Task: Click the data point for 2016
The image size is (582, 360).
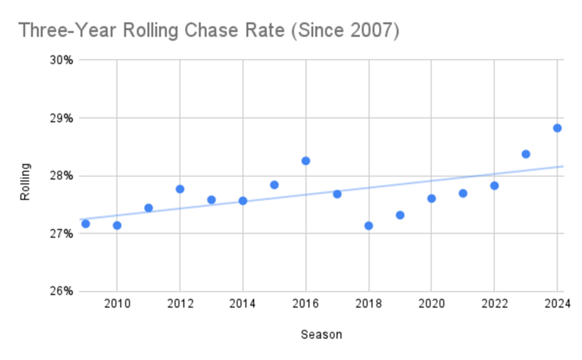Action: point(305,161)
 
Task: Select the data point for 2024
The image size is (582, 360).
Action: point(557,128)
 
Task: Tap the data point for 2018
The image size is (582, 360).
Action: point(368,226)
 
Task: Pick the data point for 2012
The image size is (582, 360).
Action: point(180,189)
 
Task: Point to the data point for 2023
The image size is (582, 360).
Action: point(526,154)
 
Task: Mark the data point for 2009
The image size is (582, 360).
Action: point(86,224)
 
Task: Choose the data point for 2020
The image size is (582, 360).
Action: point(431,199)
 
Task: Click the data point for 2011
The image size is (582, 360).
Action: point(149,208)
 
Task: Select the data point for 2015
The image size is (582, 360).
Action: point(274,185)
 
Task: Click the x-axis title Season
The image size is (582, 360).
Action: point(321,333)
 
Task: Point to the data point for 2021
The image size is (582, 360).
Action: point(463,193)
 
